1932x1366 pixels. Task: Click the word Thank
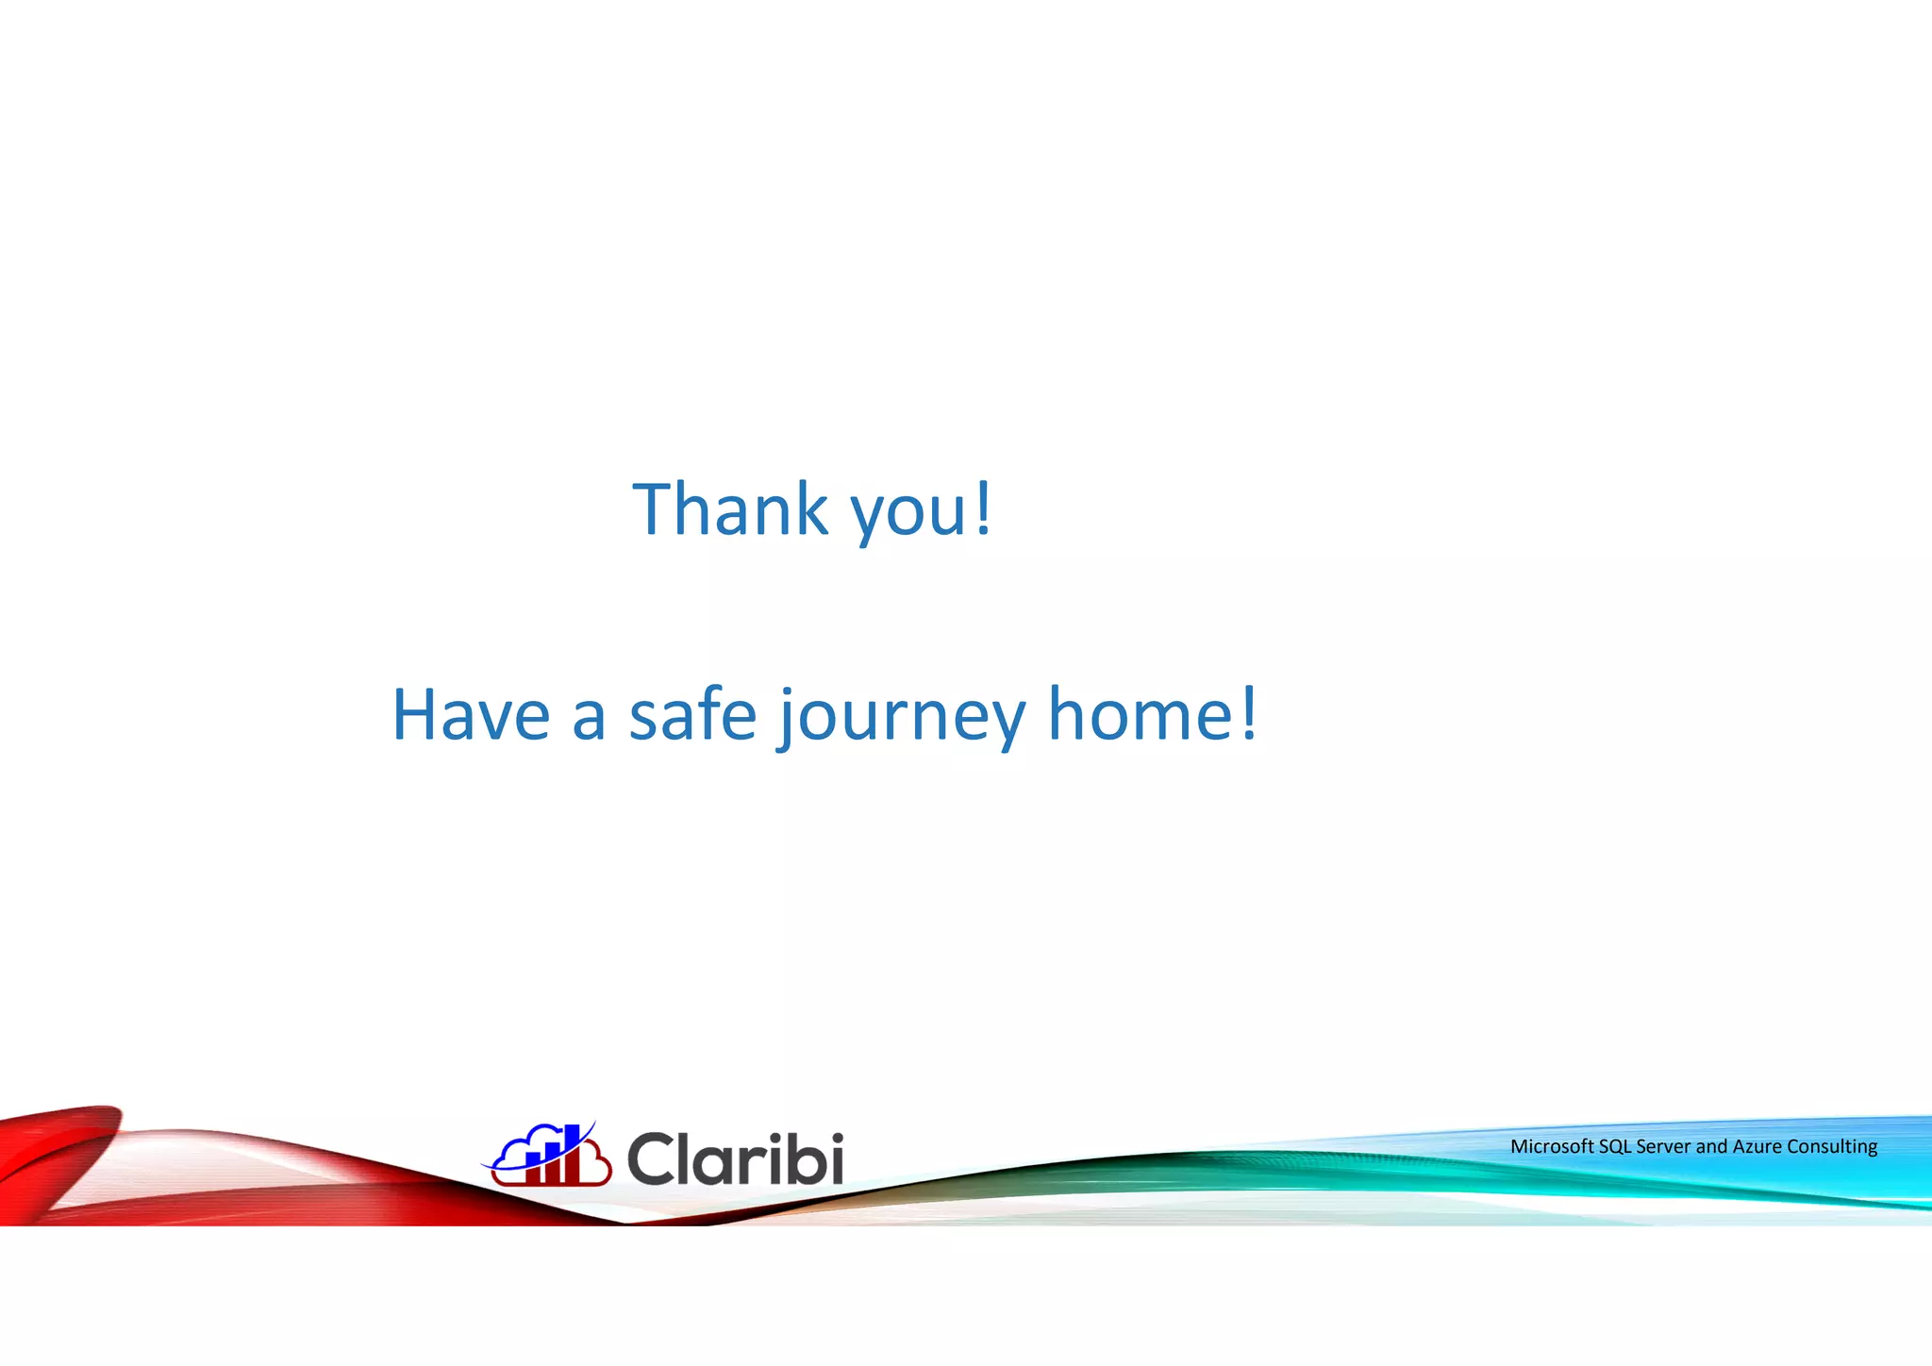[x=729, y=509]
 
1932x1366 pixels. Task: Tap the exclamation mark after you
[x=983, y=509]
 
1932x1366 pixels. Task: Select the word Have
[x=471, y=715]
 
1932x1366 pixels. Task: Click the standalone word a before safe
[x=589, y=719]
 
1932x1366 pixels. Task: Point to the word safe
[x=692, y=714]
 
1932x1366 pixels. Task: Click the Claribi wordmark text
[x=735, y=1158]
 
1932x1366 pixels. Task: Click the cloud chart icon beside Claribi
[x=548, y=1156]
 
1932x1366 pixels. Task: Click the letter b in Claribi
[x=798, y=1158]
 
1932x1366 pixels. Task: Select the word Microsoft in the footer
[x=1552, y=1146]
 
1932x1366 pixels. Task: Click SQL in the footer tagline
[x=1614, y=1146]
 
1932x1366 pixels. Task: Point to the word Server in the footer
[x=1663, y=1146]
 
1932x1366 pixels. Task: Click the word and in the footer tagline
[x=1711, y=1146]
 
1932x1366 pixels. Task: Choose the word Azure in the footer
[x=1757, y=1146]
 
